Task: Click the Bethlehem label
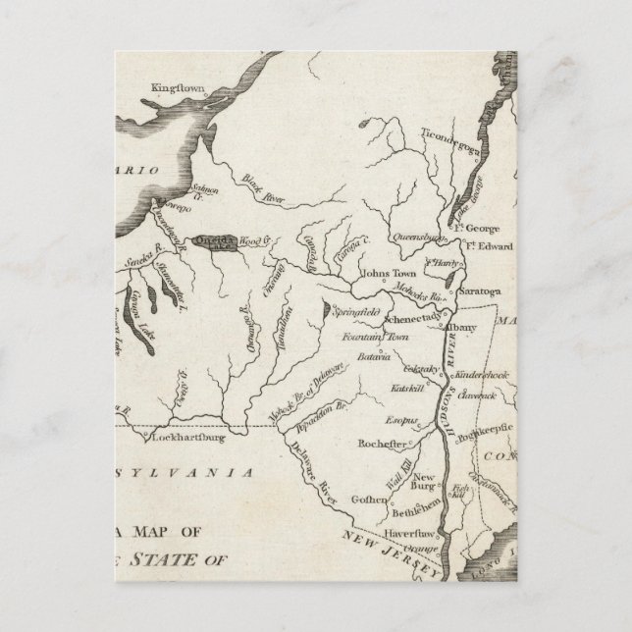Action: (x=400, y=512)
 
